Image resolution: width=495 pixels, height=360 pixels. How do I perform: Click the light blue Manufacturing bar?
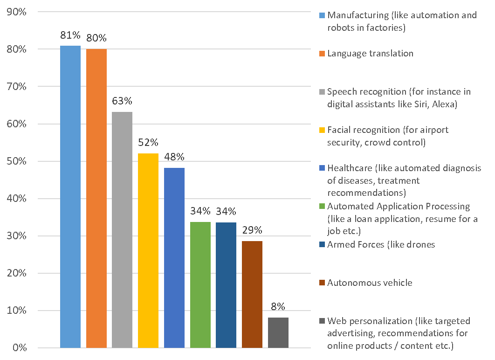pyautogui.click(x=70, y=196)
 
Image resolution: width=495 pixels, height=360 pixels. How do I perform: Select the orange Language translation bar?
pyautogui.click(x=96, y=198)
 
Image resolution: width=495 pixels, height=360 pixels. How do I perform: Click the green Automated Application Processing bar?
pyautogui.click(x=200, y=284)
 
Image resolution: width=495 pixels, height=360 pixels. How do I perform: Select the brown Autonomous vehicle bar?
pyautogui.click(x=252, y=294)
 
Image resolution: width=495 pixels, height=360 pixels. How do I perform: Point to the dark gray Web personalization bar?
pyautogui.click(x=278, y=332)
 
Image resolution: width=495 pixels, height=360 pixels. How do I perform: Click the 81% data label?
pyautogui.click(x=70, y=35)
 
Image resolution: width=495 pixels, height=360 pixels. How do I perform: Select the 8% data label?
pyautogui.click(x=278, y=307)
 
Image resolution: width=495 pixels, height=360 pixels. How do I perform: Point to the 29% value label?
pyautogui.click(x=252, y=230)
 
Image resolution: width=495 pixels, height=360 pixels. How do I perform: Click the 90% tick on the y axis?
pyautogui.click(x=17, y=12)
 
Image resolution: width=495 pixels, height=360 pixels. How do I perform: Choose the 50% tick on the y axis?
pyautogui.click(x=17, y=161)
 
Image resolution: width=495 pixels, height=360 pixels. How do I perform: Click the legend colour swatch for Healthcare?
pyautogui.click(x=322, y=168)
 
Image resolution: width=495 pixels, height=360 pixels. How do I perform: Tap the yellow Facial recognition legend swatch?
pyautogui.click(x=322, y=130)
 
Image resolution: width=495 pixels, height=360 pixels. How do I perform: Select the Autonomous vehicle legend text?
pyautogui.click(x=370, y=283)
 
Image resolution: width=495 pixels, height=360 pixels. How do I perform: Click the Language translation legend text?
pyautogui.click(x=370, y=53)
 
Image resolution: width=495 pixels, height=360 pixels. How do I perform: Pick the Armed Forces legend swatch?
pyautogui.click(x=322, y=244)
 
